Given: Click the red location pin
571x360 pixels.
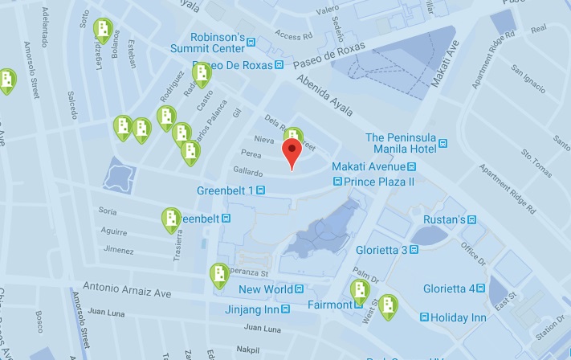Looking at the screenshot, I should (292, 153).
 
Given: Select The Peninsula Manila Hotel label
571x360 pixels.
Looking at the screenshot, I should (401, 143).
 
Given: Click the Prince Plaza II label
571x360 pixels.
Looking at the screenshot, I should (373, 182).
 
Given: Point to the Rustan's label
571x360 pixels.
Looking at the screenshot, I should (445, 219).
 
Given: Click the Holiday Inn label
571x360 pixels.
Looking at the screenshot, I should (459, 317).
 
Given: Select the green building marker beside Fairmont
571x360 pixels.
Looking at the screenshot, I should (359, 292).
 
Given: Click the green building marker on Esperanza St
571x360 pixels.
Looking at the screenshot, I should (218, 275).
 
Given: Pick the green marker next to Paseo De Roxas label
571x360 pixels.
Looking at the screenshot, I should (201, 74).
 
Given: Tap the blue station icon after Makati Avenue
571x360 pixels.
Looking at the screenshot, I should (411, 166).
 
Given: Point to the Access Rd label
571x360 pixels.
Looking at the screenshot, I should (293, 36).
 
